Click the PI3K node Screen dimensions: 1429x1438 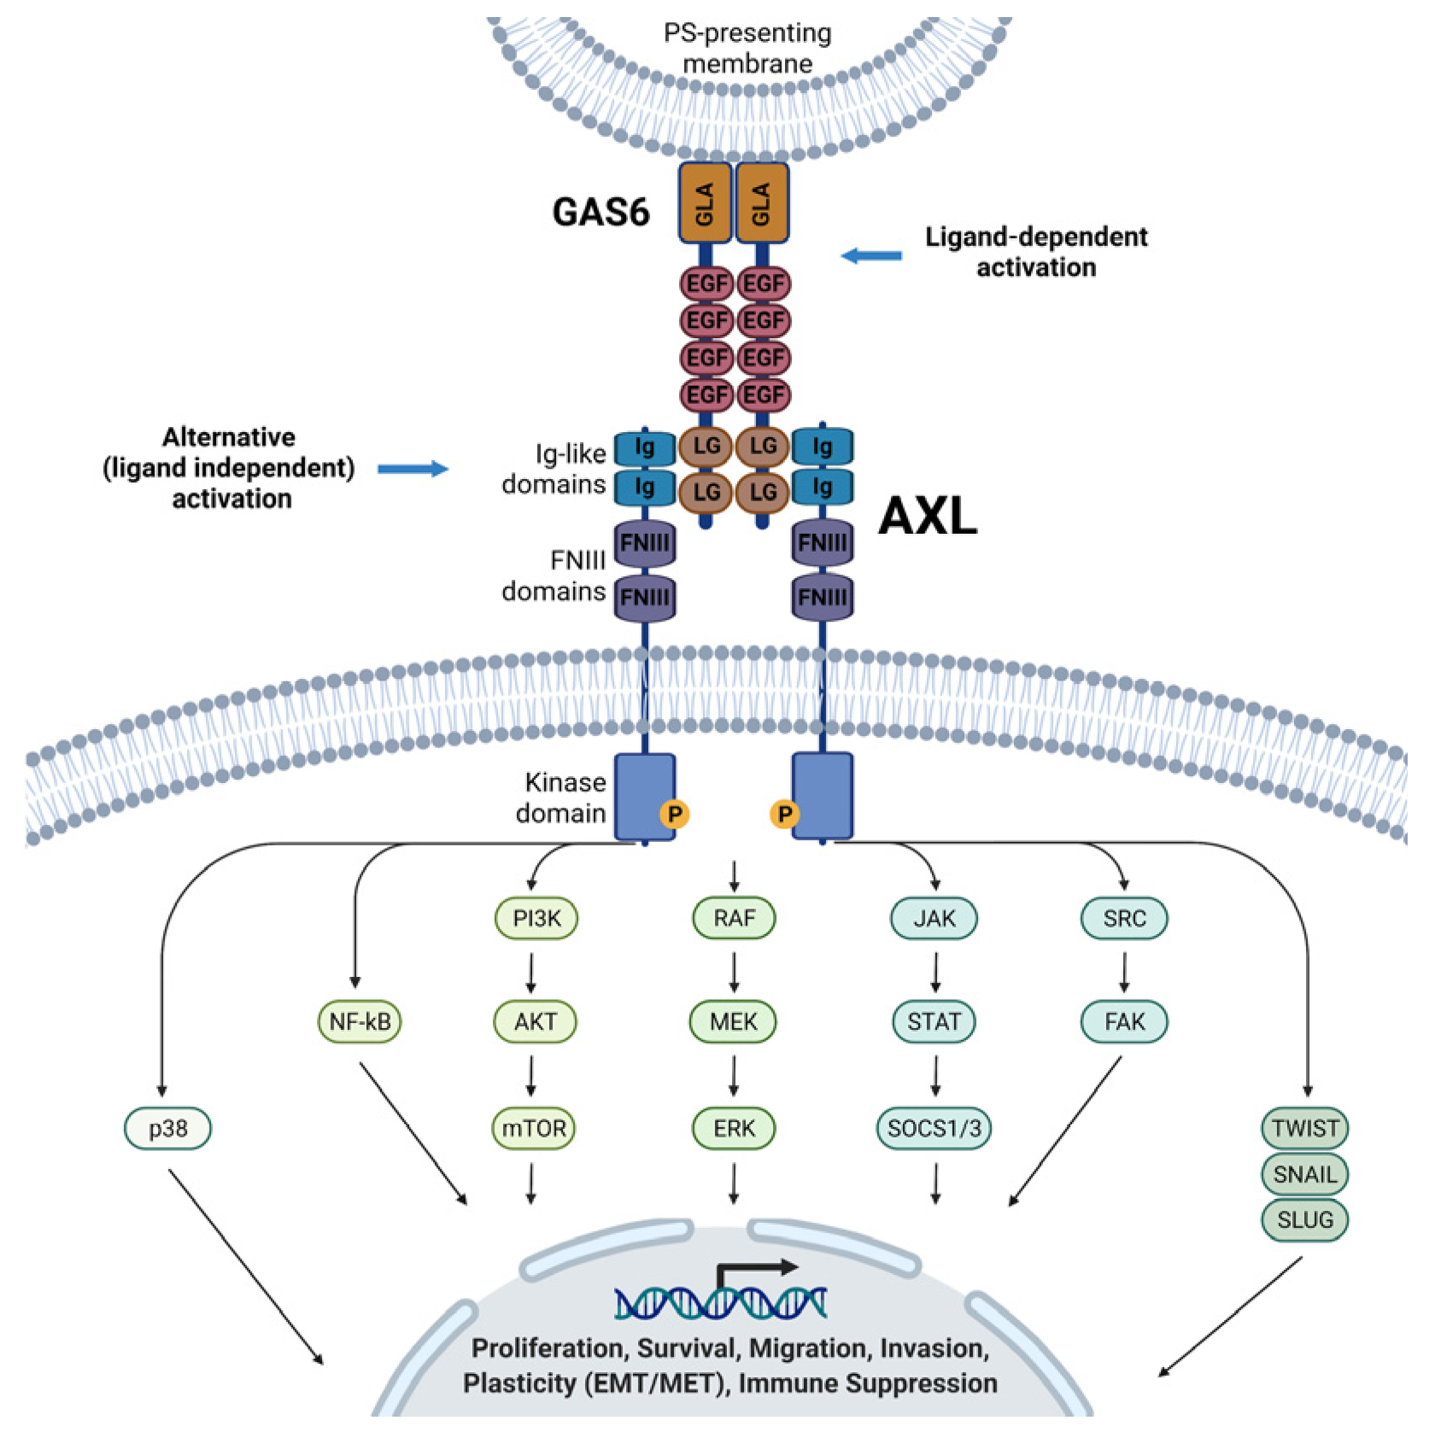pyautogui.click(x=536, y=918)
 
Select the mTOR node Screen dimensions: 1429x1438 pyautogui.click(x=534, y=1128)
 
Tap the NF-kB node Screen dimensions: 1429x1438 pyautogui.click(x=360, y=1021)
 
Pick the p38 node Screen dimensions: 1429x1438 pyautogui.click(x=167, y=1128)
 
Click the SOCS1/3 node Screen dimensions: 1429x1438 pyautogui.click(x=934, y=1128)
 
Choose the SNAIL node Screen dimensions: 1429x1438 pyautogui.click(x=1305, y=1174)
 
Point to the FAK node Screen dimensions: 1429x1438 pyautogui.click(x=1124, y=1021)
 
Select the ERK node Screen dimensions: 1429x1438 pyautogui.click(x=734, y=1128)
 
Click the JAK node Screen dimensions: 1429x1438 pyautogui.click(x=934, y=918)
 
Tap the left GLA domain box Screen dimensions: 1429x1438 pyautogui.click(x=706, y=203)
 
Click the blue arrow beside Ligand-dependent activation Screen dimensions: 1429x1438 pyautogui.click(x=871, y=255)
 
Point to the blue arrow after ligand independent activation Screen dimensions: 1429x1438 pyautogui.click(x=413, y=468)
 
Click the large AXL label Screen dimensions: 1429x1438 pyautogui.click(x=928, y=517)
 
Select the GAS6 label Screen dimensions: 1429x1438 pyautogui.click(x=601, y=212)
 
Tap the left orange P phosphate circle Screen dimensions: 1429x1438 pyautogui.click(x=675, y=814)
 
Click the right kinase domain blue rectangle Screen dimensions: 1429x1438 pyautogui.click(x=823, y=796)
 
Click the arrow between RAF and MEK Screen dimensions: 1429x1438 pyautogui.click(x=734, y=973)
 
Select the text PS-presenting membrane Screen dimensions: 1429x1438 pyautogui.click(x=747, y=48)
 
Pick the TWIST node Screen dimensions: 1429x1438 pyautogui.click(x=1305, y=1128)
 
